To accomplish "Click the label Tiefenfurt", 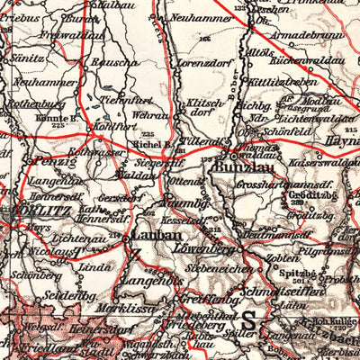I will pyautogui.click(x=122, y=100).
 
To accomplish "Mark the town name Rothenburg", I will pyautogui.click(x=30, y=102).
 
